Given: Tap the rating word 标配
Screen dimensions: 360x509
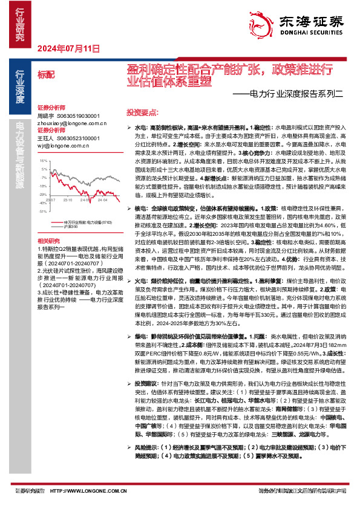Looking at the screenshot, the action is (45, 74).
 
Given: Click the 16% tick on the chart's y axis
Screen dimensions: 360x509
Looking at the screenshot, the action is (42, 161).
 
